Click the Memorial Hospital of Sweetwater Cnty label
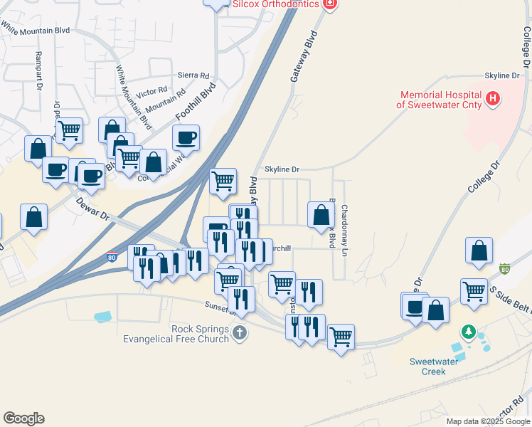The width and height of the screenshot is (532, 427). (440, 99)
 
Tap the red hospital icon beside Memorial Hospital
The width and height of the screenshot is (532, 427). (492, 100)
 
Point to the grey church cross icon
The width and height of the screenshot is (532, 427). (240, 332)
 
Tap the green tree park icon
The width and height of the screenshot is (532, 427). (468, 332)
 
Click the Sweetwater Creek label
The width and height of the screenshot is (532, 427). (428, 366)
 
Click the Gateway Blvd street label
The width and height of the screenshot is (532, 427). (303, 56)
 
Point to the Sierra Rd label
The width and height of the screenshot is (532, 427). (194, 75)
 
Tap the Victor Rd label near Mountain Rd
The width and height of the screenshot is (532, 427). (151, 91)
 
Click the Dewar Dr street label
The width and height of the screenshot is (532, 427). (92, 206)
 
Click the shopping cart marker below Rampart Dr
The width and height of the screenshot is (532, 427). (69, 130)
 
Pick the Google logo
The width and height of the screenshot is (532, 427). (23, 418)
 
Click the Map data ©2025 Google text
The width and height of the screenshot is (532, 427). (487, 421)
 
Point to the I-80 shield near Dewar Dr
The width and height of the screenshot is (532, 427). (112, 257)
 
